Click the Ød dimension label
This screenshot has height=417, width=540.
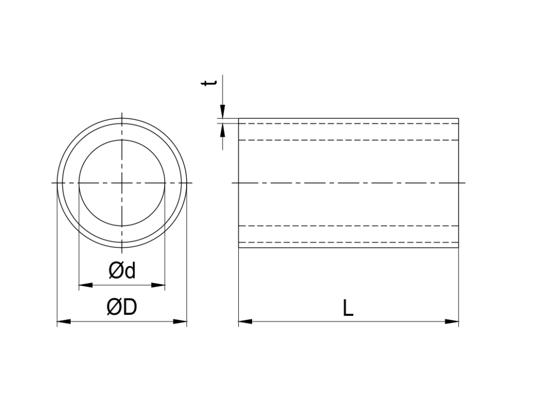pos(122,271)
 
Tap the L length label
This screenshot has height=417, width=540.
pos(348,308)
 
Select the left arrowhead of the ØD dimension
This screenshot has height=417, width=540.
pos(64,321)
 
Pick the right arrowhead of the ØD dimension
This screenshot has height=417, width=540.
pos(180,321)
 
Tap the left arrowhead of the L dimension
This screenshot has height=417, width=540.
pos(245,321)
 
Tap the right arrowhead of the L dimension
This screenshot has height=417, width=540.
pos(452,321)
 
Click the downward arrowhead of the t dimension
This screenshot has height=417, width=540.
pos(223,112)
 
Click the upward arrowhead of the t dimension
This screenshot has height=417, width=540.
pos(223,130)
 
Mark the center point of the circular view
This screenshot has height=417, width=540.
pos(122,183)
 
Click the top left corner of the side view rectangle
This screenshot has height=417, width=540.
pos(238,119)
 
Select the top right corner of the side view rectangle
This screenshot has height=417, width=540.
pos(458,119)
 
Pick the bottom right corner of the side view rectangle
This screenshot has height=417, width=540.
pos(458,247)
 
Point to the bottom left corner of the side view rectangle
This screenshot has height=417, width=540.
pos(238,247)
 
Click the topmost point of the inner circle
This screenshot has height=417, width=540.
pos(122,140)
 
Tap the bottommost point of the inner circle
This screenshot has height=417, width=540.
pos(122,226)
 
